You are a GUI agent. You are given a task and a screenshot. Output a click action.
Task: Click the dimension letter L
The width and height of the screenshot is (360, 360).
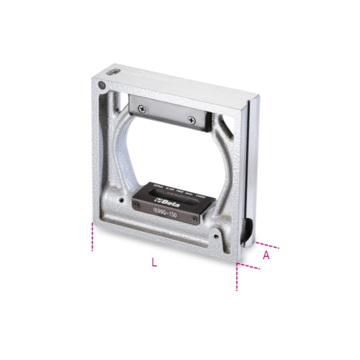click(x=154, y=262)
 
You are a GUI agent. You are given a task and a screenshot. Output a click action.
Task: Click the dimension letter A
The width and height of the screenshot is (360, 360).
click(x=266, y=255)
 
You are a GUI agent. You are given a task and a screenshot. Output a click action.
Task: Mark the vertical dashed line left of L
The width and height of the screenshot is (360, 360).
click(x=92, y=236)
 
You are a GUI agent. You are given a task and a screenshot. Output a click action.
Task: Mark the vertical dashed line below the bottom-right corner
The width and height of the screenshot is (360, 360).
click(x=238, y=277)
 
